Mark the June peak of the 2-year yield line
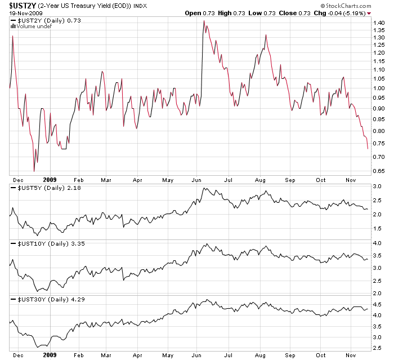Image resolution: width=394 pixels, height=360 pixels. tap(204, 21)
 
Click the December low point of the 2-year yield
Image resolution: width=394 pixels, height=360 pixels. tap(34, 171)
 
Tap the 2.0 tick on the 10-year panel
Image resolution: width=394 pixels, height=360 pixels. tap(378, 293)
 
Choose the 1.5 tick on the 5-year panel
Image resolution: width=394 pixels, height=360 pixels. tap(378, 229)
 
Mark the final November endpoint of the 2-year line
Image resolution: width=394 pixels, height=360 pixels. tap(368, 149)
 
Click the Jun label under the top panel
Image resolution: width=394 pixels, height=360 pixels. tap(196, 180)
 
